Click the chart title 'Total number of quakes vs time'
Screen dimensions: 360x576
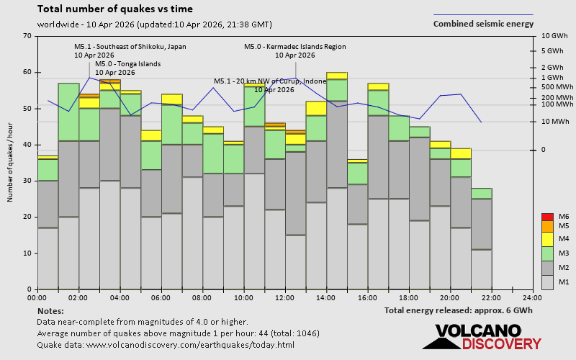tap(114, 9)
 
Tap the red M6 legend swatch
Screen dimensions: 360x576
tap(546, 217)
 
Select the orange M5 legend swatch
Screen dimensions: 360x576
tap(546, 227)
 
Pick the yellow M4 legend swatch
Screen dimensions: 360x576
tap(546, 239)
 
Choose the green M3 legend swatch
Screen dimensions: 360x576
tap(546, 253)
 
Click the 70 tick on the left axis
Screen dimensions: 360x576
tap(27, 36)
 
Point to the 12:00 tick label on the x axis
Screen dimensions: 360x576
tap(285, 297)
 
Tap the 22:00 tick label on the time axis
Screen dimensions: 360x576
tap(491, 297)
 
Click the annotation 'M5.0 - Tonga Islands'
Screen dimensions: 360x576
tap(127, 64)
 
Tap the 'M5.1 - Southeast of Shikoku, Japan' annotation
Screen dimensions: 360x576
tap(130, 47)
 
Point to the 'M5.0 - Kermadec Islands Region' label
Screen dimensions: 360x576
tap(295, 47)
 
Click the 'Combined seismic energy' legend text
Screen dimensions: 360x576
tap(483, 24)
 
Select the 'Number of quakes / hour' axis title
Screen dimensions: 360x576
tap(11, 163)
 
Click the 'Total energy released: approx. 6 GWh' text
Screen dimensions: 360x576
tap(459, 311)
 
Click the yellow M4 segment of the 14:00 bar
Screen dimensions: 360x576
tap(337, 76)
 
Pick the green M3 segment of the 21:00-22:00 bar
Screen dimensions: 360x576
tap(482, 193)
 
